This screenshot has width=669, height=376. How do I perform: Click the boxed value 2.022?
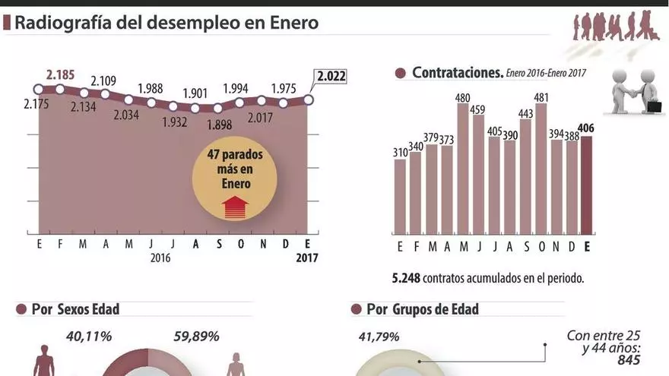330,76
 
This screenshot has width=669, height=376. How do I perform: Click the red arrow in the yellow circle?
235,207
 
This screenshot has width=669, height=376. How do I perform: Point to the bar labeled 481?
541,169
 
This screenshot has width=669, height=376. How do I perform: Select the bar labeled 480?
462,169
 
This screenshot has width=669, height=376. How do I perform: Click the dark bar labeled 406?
586,185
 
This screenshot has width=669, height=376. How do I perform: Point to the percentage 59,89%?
196,336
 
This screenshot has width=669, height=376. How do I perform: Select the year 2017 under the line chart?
307,258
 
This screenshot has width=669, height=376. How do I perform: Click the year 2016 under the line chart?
160,258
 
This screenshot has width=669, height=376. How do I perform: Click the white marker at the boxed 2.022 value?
309,99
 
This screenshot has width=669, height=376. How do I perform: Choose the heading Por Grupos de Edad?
422,309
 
